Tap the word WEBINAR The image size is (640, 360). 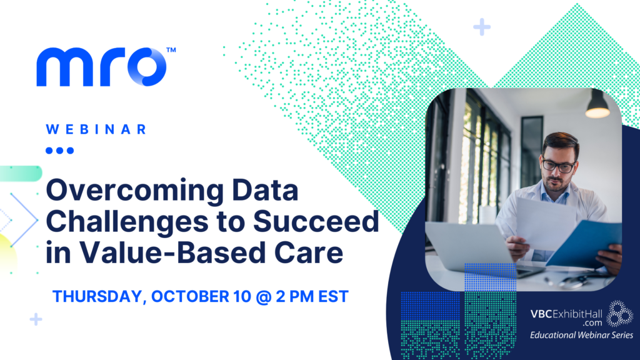(97, 129)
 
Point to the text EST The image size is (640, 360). (331, 296)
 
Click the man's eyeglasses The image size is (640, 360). (557, 166)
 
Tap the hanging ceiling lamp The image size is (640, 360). (597, 107)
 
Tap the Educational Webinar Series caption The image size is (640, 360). (581, 336)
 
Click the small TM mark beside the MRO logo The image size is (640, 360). (170, 49)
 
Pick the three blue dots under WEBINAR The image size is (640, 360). (60, 150)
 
